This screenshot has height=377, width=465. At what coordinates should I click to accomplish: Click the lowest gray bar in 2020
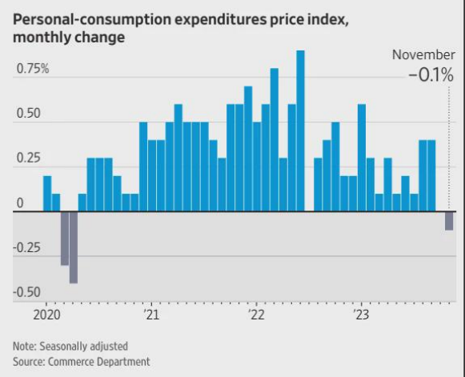(x=74, y=247)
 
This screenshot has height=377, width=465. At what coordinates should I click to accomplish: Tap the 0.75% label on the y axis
(x=33, y=69)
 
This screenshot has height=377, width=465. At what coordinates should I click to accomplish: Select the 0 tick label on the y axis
(x=20, y=204)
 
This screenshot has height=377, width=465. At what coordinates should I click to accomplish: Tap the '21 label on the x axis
(x=152, y=315)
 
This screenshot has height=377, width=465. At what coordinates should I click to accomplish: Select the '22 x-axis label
(x=256, y=315)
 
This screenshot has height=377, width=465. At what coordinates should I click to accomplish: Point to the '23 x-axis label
(x=360, y=315)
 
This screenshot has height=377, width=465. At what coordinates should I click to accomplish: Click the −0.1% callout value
(x=430, y=76)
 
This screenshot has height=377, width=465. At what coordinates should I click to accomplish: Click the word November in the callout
(x=423, y=54)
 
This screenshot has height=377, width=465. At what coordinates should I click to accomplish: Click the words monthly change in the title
(x=66, y=38)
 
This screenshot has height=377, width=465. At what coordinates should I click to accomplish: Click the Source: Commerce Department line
(x=81, y=362)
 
